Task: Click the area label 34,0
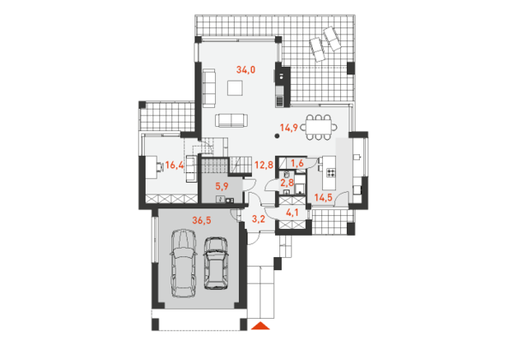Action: pyautogui.click(x=246, y=69)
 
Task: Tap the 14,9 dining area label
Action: pyautogui.click(x=289, y=128)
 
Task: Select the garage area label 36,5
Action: pyautogui.click(x=201, y=220)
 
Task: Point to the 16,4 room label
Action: pyautogui.click(x=174, y=165)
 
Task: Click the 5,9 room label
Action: pyautogui.click(x=222, y=187)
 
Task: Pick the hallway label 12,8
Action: pyautogui.click(x=264, y=165)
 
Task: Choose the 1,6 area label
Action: pyautogui.click(x=297, y=163)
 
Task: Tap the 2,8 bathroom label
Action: pyautogui.click(x=287, y=183)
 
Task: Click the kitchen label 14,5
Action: pyautogui.click(x=324, y=198)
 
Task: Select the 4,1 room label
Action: pyautogui.click(x=292, y=213)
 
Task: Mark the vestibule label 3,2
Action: pyautogui.click(x=259, y=219)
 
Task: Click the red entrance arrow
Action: pyautogui.click(x=260, y=326)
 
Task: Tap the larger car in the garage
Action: pyautogui.click(x=183, y=263)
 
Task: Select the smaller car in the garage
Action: pyautogui.click(x=216, y=263)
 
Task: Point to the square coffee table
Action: pyautogui.click(x=235, y=88)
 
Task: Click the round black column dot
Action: pyautogui.click(x=277, y=135)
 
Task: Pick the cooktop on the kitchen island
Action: pyautogui.click(x=331, y=172)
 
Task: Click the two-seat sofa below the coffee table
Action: pyautogui.click(x=231, y=120)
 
